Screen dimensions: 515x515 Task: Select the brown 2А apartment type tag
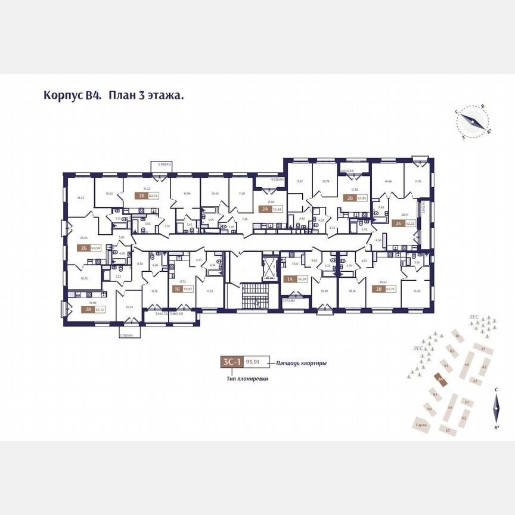263,209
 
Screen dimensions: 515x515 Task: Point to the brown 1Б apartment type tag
176,289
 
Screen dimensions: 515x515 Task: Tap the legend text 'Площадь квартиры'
301,363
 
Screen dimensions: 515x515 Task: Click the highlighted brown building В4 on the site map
440,379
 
